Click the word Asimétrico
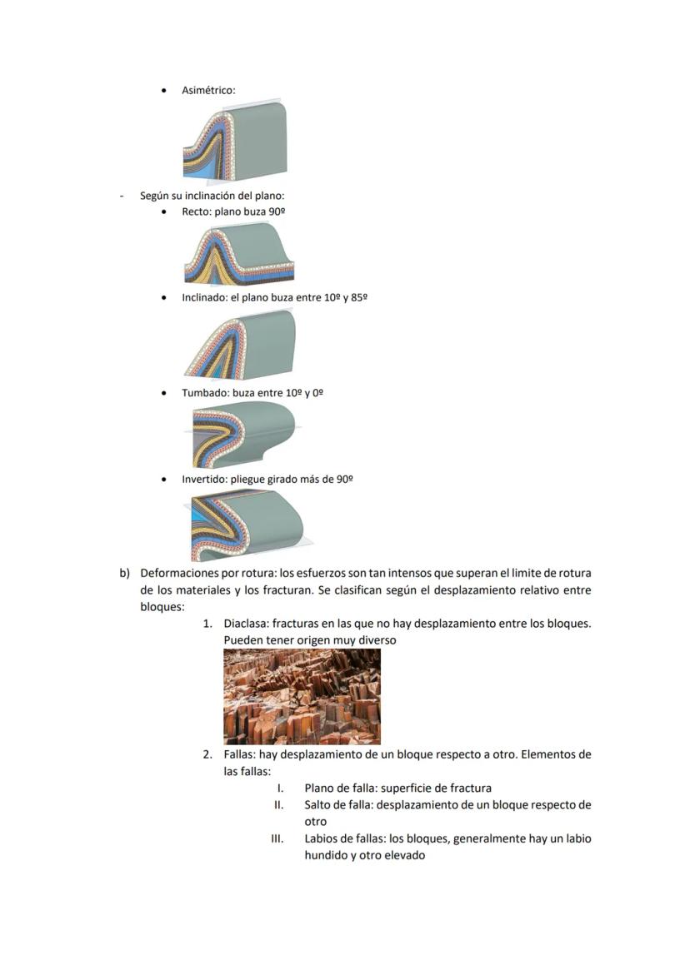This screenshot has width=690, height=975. [x=207, y=90]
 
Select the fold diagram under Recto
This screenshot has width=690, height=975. [x=238, y=254]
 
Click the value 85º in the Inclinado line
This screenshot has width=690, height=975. [x=359, y=297]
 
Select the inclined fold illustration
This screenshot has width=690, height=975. [x=241, y=346]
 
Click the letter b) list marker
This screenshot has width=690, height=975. [x=125, y=574]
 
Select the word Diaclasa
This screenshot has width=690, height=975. [x=246, y=623]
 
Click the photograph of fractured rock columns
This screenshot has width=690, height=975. [x=302, y=696]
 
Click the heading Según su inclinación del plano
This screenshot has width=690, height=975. [x=212, y=196]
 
